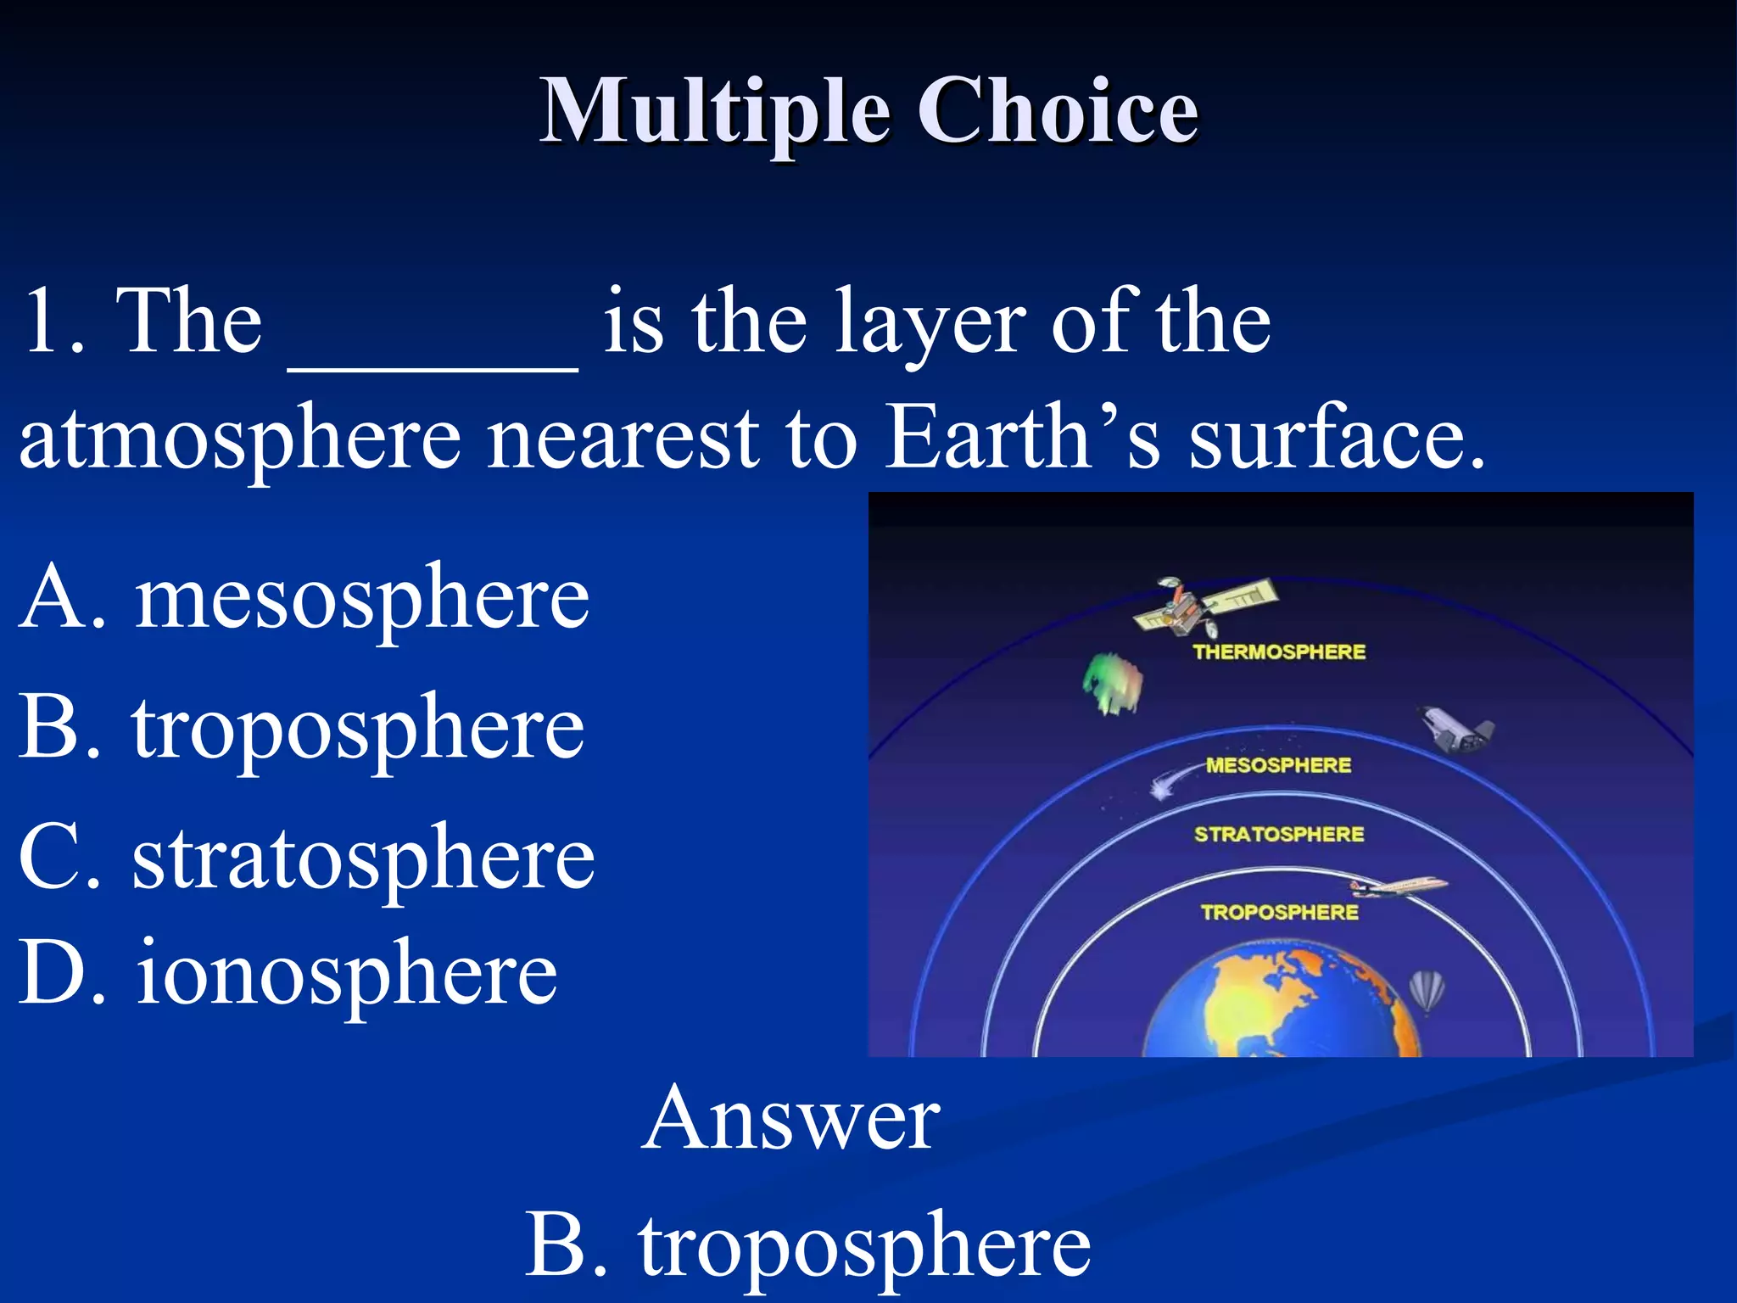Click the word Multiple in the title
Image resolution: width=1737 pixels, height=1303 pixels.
(715, 111)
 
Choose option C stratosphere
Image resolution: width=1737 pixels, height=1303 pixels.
(306, 858)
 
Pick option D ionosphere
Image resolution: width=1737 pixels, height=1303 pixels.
(288, 973)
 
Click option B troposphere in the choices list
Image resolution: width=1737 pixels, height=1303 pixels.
(301, 728)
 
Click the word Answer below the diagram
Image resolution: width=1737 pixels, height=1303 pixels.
(790, 1118)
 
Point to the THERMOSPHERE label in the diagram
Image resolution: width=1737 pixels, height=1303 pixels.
(1279, 651)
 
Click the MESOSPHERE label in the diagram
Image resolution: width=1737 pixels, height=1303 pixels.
(1278, 765)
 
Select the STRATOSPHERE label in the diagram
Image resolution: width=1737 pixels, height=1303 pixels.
(1279, 835)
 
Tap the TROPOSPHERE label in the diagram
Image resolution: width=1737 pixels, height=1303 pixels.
(1279, 913)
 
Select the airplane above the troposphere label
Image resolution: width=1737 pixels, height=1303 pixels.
(1398, 886)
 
